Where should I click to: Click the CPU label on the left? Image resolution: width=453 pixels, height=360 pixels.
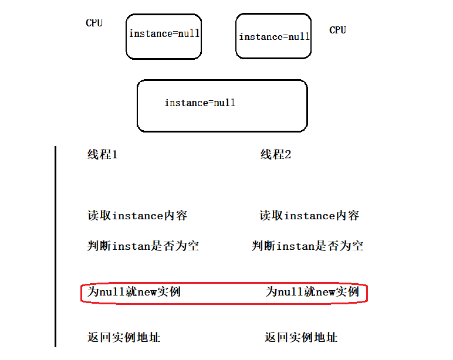click(x=94, y=23)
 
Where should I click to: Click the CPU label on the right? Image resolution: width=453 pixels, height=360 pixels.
click(x=337, y=30)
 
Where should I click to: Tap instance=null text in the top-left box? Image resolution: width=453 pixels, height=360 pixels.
click(x=164, y=33)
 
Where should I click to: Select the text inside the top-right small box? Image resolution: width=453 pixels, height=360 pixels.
click(x=274, y=37)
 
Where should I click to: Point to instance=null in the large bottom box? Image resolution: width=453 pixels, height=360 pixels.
click(x=200, y=103)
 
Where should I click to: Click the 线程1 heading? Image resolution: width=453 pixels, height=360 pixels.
click(x=103, y=155)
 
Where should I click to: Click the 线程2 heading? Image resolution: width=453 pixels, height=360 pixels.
click(x=276, y=155)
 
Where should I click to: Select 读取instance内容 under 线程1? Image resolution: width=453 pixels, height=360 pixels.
click(x=137, y=216)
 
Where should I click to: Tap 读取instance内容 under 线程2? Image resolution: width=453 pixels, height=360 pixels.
click(x=309, y=216)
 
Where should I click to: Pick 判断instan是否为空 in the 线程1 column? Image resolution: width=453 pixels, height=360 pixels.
click(x=143, y=246)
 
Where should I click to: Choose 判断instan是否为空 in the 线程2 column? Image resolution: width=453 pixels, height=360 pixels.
click(x=307, y=246)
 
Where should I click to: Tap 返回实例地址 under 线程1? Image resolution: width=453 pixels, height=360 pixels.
click(x=124, y=337)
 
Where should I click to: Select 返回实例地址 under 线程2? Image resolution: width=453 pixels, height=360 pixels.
click(x=301, y=337)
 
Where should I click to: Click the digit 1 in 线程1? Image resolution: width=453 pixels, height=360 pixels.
click(x=114, y=155)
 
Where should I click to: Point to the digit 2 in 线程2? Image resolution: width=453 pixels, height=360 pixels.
click(x=288, y=155)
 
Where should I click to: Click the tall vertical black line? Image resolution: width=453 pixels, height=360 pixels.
click(x=55, y=246)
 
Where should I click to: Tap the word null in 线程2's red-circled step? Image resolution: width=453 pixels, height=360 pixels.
click(x=290, y=291)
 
